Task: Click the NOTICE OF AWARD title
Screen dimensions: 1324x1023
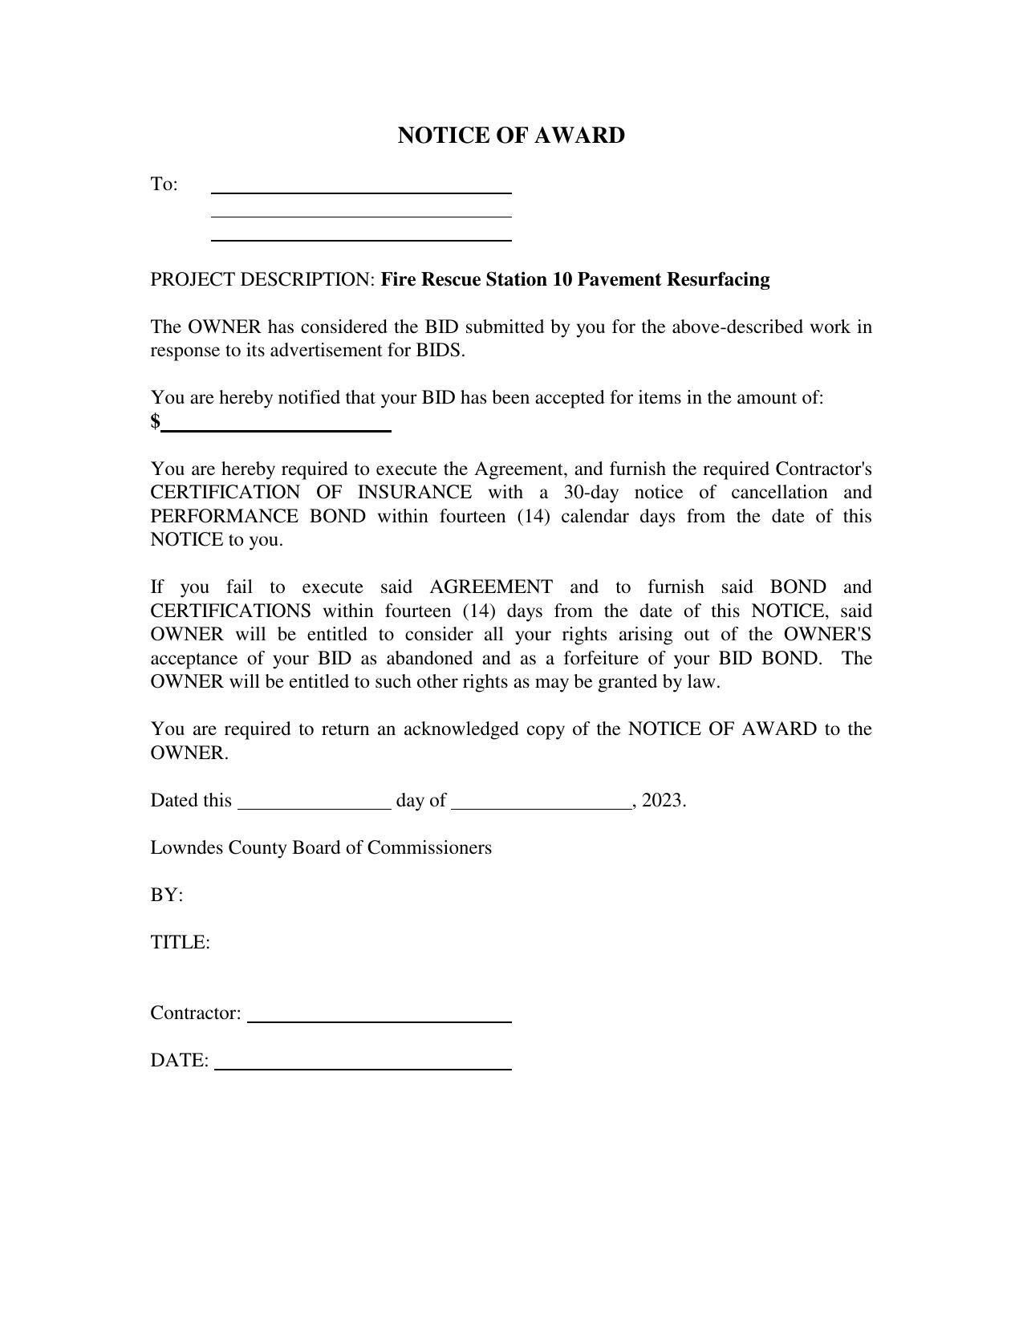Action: click(x=511, y=136)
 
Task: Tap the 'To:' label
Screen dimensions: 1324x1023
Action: click(x=164, y=185)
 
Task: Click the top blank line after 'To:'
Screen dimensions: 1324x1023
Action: click(x=361, y=192)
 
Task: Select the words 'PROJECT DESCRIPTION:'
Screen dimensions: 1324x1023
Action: click(x=262, y=280)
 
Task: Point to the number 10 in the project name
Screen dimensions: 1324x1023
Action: click(x=562, y=280)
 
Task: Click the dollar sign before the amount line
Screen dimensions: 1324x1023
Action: click(x=155, y=421)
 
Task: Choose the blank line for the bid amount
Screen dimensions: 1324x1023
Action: click(x=276, y=430)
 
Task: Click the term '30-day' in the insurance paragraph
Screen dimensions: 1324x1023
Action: click(x=592, y=493)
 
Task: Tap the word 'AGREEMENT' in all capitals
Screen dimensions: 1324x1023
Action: click(x=491, y=587)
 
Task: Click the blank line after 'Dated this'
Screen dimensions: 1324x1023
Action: click(x=315, y=809)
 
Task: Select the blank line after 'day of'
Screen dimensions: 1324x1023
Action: click(x=542, y=809)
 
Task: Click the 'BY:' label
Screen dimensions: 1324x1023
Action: click(x=166, y=896)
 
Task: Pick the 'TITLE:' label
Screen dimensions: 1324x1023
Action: click(x=180, y=943)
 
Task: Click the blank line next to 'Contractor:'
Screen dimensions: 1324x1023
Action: click(x=380, y=1021)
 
